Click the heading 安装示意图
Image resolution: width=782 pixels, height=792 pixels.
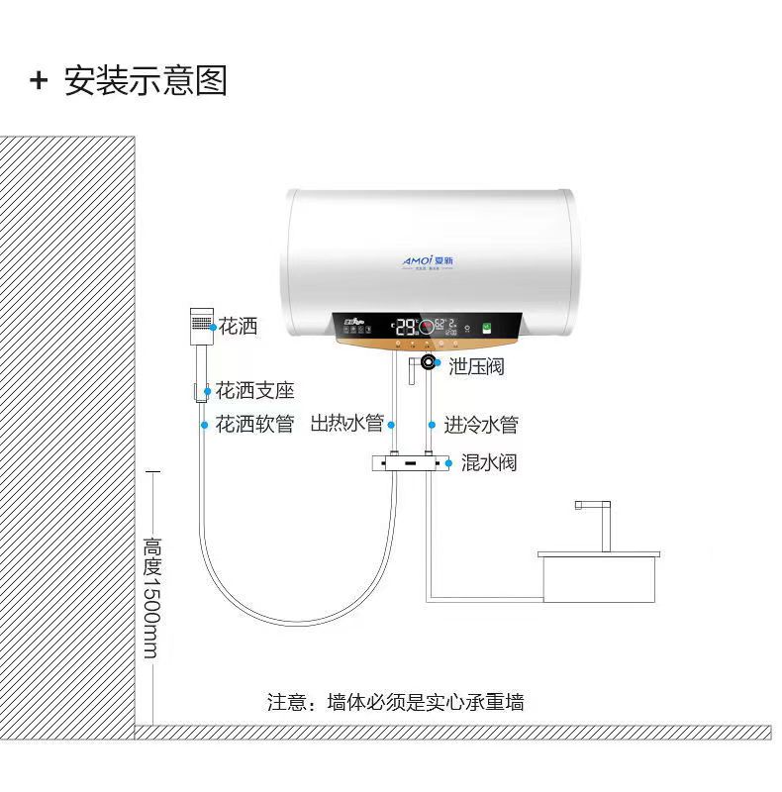pyautogui.click(x=146, y=80)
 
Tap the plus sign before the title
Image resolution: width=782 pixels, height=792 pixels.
pyautogui.click(x=39, y=80)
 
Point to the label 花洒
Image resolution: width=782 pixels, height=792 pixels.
pyautogui.click(x=238, y=326)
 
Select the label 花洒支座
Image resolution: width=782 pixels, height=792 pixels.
pyautogui.click(x=255, y=391)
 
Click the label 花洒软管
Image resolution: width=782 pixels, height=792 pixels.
pyautogui.click(x=255, y=425)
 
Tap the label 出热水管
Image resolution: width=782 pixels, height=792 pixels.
pyautogui.click(x=346, y=425)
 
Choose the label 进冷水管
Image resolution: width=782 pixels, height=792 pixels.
pyautogui.click(x=480, y=425)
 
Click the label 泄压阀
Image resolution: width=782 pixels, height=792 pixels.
pyautogui.click(x=476, y=366)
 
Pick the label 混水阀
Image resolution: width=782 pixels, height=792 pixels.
pyautogui.click(x=488, y=462)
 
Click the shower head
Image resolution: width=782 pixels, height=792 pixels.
pyautogui.click(x=200, y=324)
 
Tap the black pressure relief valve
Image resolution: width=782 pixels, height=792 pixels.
pyautogui.click(x=429, y=362)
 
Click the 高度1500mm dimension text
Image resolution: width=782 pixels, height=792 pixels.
pyautogui.click(x=151, y=598)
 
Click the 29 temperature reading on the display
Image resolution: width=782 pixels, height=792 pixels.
pyautogui.click(x=406, y=327)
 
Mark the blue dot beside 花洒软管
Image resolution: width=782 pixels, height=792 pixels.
pyautogui.click(x=205, y=425)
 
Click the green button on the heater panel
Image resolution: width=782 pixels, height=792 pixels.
pyautogui.click(x=486, y=327)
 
